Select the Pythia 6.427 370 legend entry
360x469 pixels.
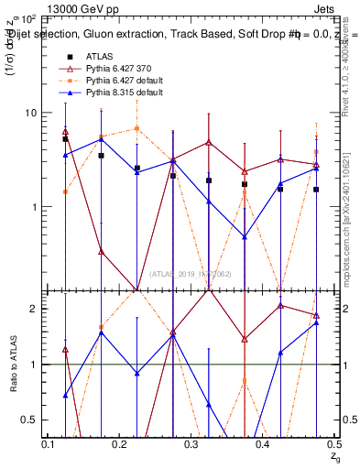point(108,70)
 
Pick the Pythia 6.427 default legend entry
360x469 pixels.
point(112,82)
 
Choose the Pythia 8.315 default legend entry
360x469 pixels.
point(111,93)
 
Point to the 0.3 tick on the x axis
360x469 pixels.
point(191,443)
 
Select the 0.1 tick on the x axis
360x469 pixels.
point(49,443)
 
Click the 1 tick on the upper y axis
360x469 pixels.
point(36,207)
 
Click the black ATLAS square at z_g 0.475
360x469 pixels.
point(316,190)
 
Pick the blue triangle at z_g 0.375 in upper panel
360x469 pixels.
point(245,237)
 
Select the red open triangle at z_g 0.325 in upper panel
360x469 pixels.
point(209,143)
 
